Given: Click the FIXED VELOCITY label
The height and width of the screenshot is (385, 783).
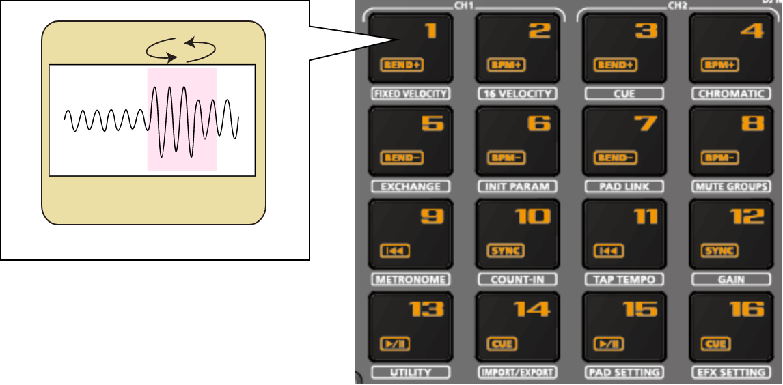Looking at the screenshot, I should tap(410, 94).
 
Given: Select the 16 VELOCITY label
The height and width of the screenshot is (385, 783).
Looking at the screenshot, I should tap(517, 94).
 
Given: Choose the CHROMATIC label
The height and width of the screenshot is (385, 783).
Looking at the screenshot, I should tap(730, 94).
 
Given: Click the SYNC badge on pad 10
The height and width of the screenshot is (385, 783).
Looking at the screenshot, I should tap(505, 251).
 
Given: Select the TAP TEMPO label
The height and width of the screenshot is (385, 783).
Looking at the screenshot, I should tap(624, 279).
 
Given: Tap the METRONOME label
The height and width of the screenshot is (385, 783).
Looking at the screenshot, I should tap(410, 279).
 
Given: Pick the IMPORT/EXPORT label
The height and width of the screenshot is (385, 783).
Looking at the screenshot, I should tap(517, 372).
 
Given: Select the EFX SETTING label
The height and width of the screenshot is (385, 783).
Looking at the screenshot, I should tap(732, 372).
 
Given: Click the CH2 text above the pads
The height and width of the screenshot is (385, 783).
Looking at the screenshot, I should tap(677, 5).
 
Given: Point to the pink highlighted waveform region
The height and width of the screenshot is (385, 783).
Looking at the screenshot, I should tap(182, 119).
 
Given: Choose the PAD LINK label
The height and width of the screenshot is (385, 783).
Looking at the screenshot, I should tap(624, 186).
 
